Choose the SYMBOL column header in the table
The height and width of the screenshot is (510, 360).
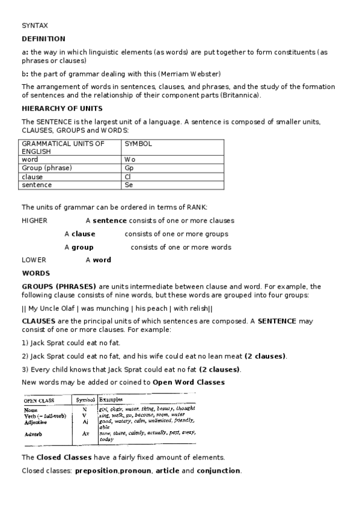click(138, 144)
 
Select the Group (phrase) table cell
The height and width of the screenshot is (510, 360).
click(47, 168)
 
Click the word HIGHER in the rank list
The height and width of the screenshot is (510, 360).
click(34, 221)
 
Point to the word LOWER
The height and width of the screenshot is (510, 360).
click(34, 260)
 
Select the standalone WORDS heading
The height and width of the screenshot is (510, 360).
click(35, 273)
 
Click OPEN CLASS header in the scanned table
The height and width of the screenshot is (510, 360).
click(39, 400)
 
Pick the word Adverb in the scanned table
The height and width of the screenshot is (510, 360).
click(33, 434)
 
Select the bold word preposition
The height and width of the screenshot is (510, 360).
click(96, 470)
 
